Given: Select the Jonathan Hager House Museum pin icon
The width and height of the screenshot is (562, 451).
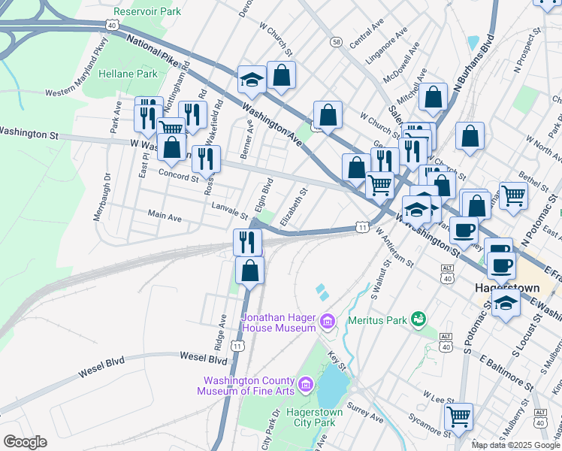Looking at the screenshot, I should point(327,323).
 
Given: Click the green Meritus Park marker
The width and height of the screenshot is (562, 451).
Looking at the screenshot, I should point(419,321).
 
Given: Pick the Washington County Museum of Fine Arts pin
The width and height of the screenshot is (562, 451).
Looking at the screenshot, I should point(305,386).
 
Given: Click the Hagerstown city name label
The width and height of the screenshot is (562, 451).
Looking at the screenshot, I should point(508,287).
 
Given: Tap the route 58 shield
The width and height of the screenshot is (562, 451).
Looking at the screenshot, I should point(336,42).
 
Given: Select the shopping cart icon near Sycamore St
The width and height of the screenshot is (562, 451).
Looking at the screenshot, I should point(458,415).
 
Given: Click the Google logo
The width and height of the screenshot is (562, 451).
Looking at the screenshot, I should point(25,442).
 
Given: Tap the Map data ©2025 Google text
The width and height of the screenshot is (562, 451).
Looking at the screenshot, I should point(515,445).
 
